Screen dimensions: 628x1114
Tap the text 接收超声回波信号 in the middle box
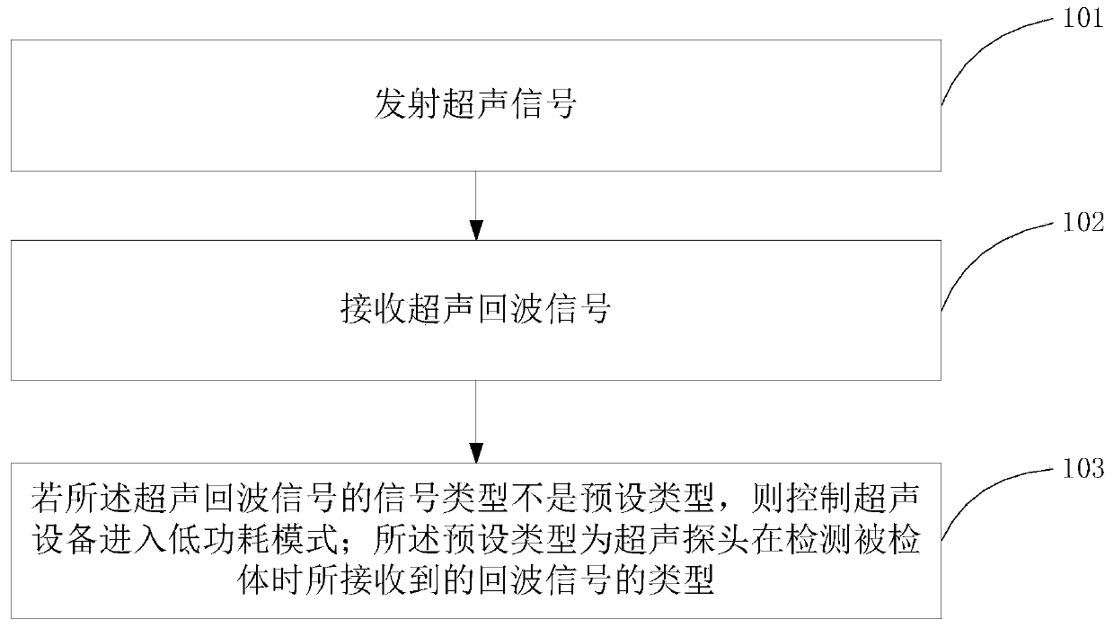coord(474,312)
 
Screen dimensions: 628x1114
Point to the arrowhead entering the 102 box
coord(475,230)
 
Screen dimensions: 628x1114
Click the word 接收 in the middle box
coord(361,312)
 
